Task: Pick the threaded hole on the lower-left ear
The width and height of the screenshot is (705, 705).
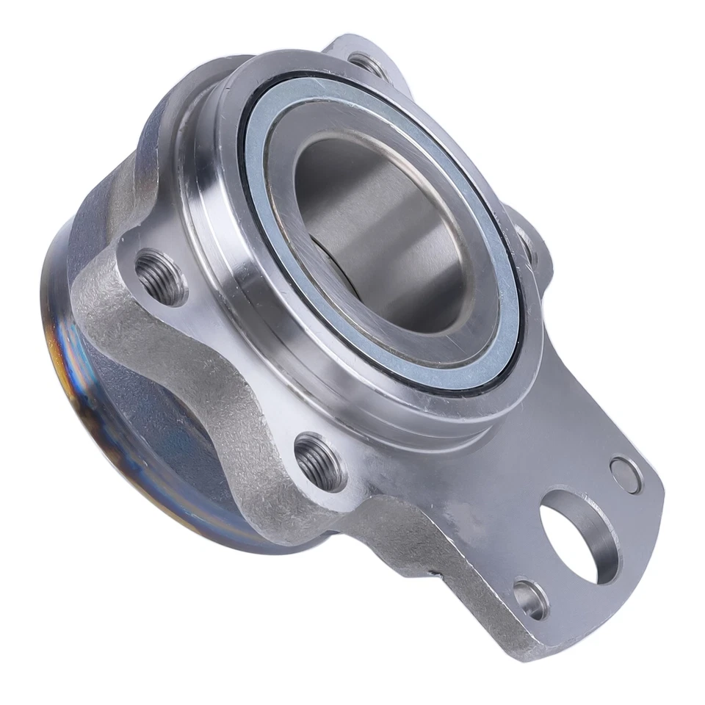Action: (x=319, y=460)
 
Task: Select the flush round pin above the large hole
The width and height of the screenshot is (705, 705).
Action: (x=625, y=474)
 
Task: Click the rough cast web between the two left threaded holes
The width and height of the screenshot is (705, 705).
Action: (x=220, y=367)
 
